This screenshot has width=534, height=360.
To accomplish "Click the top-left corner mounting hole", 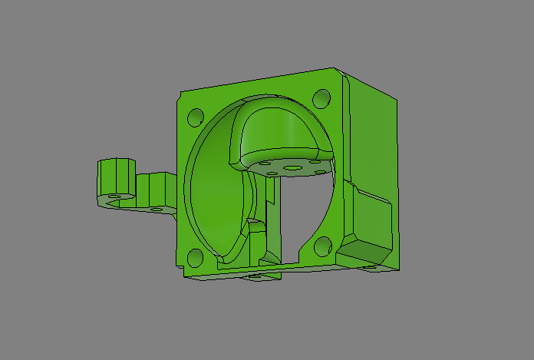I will tap(195, 117).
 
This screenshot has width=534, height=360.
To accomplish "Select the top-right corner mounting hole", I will tap(321, 98).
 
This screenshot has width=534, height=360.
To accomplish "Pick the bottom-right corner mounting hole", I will tap(323, 246).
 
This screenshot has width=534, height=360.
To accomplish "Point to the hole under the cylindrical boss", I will tap(116, 197).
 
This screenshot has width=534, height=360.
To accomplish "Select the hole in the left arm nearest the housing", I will tap(157, 207).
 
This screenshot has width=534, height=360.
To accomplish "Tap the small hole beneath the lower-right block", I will tap(381, 266).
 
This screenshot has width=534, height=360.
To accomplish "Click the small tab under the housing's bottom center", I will tap(261, 277).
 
